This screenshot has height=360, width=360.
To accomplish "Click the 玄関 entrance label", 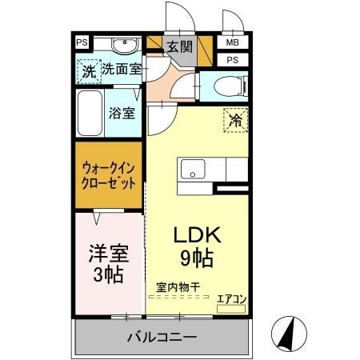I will [179, 46].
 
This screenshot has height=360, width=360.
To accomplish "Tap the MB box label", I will [233, 42].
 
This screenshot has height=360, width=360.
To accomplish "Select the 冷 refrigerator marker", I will [235, 121].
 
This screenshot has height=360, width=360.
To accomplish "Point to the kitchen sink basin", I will [192, 170].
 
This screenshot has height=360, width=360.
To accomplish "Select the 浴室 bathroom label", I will [122, 113].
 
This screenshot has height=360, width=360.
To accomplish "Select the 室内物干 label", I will [178, 286].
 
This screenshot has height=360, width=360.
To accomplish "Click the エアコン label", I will [232, 298].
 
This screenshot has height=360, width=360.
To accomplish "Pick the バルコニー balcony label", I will [162, 338].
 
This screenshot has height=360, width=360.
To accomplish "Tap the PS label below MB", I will [233, 60].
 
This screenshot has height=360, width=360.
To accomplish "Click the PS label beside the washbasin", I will [82, 43].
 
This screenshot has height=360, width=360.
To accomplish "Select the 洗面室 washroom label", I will [122, 69].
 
